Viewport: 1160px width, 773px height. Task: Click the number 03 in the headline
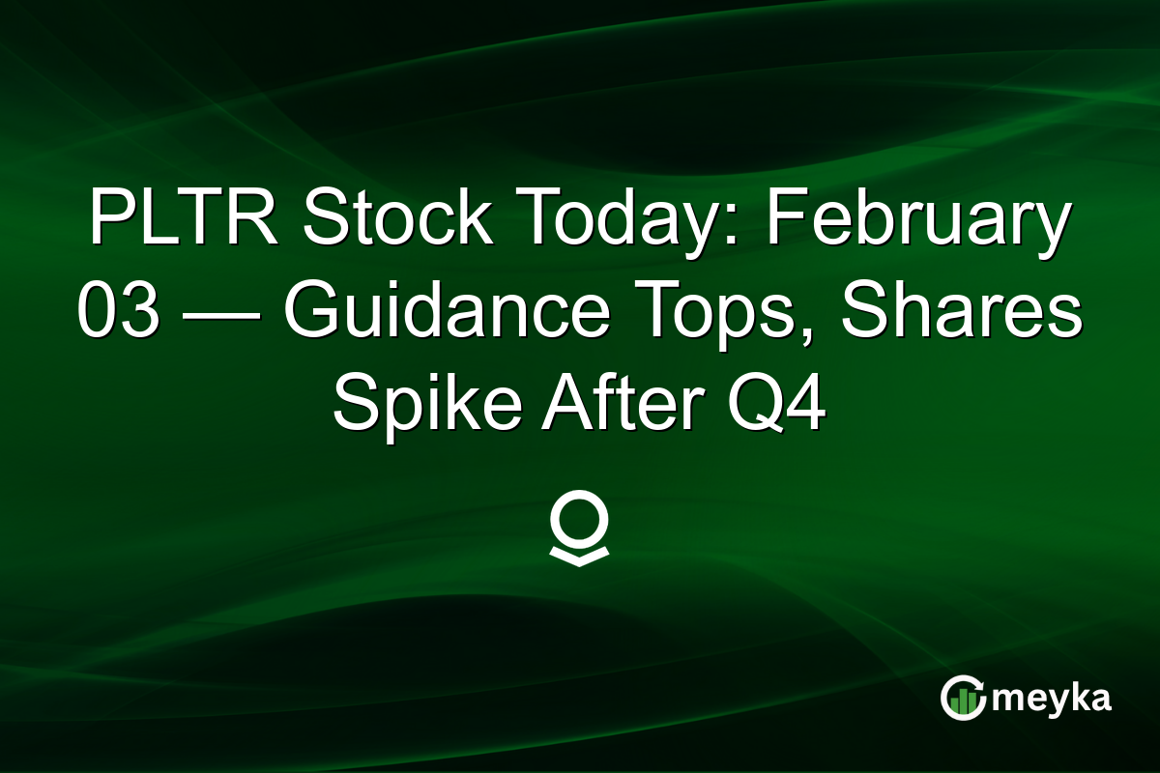tap(118, 316)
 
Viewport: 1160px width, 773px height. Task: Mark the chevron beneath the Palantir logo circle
tap(579, 557)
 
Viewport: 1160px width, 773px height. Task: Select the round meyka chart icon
tap(963, 698)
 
